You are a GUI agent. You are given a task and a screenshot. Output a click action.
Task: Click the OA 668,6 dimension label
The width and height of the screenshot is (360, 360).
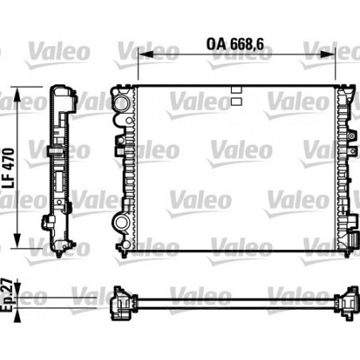point(235,44)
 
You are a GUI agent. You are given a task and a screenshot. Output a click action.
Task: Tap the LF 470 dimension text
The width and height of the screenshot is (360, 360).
point(8,168)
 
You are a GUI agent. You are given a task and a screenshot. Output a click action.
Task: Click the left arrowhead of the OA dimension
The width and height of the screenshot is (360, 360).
point(146,54)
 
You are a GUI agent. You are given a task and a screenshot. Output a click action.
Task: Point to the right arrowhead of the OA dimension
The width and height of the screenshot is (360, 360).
point(328,54)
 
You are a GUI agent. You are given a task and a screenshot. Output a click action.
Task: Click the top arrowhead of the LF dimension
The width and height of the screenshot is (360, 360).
point(17,95)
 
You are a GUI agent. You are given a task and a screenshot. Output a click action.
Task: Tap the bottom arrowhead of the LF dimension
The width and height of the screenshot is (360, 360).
point(17,241)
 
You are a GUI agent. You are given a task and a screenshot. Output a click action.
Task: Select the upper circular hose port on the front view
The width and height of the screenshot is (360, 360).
point(121,103)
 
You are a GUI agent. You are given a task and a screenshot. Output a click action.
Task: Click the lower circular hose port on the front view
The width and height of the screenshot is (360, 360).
point(121,222)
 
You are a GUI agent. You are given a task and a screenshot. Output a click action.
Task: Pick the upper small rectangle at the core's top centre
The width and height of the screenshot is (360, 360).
point(237,90)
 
